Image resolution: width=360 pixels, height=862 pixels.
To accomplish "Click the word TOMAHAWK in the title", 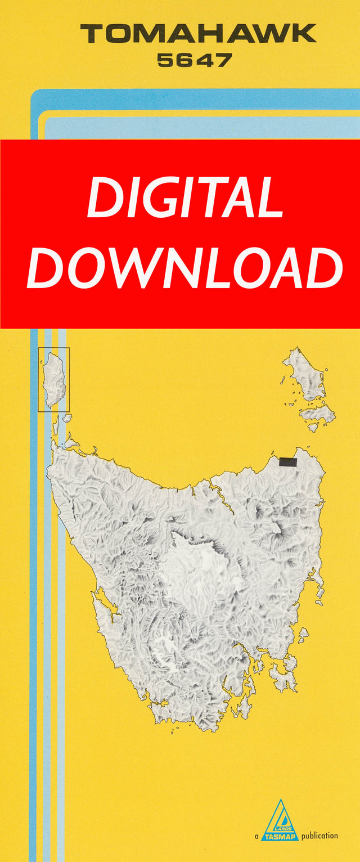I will click(x=198, y=34).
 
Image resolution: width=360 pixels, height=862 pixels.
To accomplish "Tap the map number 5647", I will click(x=194, y=60).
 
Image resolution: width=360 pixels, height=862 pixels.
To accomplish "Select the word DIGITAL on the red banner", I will click(x=184, y=198).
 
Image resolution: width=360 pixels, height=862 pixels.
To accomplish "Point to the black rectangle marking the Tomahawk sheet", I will click(x=288, y=462).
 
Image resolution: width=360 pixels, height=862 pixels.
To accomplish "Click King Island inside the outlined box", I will click(x=54, y=379).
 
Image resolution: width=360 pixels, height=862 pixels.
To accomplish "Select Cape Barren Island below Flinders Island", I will click(x=318, y=414).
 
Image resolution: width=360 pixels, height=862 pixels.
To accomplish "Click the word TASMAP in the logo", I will click(x=280, y=836).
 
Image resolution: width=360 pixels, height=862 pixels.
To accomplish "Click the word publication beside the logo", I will click(x=319, y=836).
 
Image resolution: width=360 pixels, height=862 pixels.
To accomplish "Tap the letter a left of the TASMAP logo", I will click(x=256, y=837).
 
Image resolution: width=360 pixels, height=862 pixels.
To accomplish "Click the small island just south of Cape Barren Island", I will click(x=312, y=428).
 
